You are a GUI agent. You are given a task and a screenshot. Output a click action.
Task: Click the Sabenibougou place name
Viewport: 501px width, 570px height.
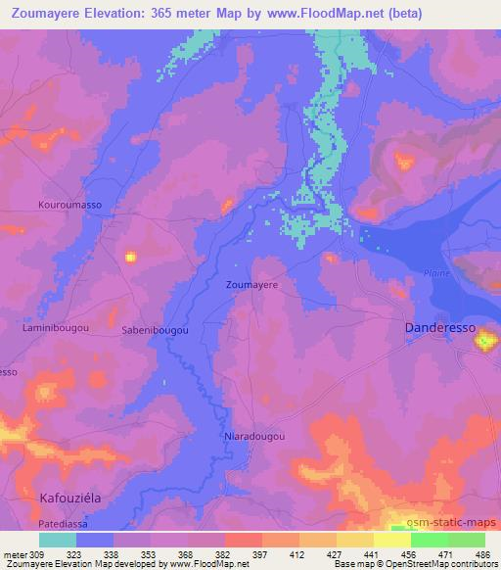pyautogui.click(x=156, y=331)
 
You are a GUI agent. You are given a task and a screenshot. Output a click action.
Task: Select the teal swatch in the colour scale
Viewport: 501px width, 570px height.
pyautogui.click(x=58, y=540)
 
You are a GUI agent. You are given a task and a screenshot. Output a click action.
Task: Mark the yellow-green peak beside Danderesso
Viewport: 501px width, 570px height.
pyautogui.click(x=486, y=341)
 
